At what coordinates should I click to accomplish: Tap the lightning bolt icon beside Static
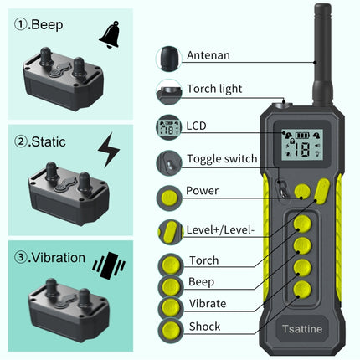(109, 151)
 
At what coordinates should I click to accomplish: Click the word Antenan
(208, 56)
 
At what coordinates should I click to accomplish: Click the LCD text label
(197, 126)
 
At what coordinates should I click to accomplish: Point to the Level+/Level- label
(224, 229)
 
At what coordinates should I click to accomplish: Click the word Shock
(204, 327)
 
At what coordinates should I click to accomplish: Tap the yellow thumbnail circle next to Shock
(170, 327)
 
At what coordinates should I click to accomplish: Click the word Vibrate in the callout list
(208, 303)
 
